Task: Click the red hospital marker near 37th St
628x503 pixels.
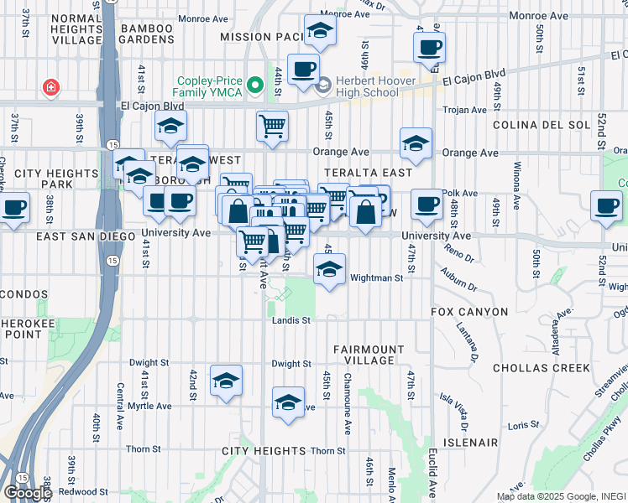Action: click(x=51, y=87)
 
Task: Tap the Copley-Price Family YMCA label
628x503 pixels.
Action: click(x=207, y=86)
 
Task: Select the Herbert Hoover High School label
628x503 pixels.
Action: click(x=374, y=86)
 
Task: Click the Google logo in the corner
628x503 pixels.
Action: click(x=27, y=493)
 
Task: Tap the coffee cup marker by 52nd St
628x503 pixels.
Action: click(x=606, y=206)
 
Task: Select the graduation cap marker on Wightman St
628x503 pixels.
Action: click(x=329, y=270)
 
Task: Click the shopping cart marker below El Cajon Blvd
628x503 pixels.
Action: click(x=272, y=127)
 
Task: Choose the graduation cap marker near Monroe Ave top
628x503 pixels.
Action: click(x=320, y=31)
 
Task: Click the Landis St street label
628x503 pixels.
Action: click(x=291, y=320)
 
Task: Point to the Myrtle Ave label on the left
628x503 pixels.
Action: click(x=149, y=406)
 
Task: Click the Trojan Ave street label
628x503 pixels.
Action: click(x=464, y=110)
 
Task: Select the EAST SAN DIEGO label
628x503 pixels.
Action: click(x=86, y=237)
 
